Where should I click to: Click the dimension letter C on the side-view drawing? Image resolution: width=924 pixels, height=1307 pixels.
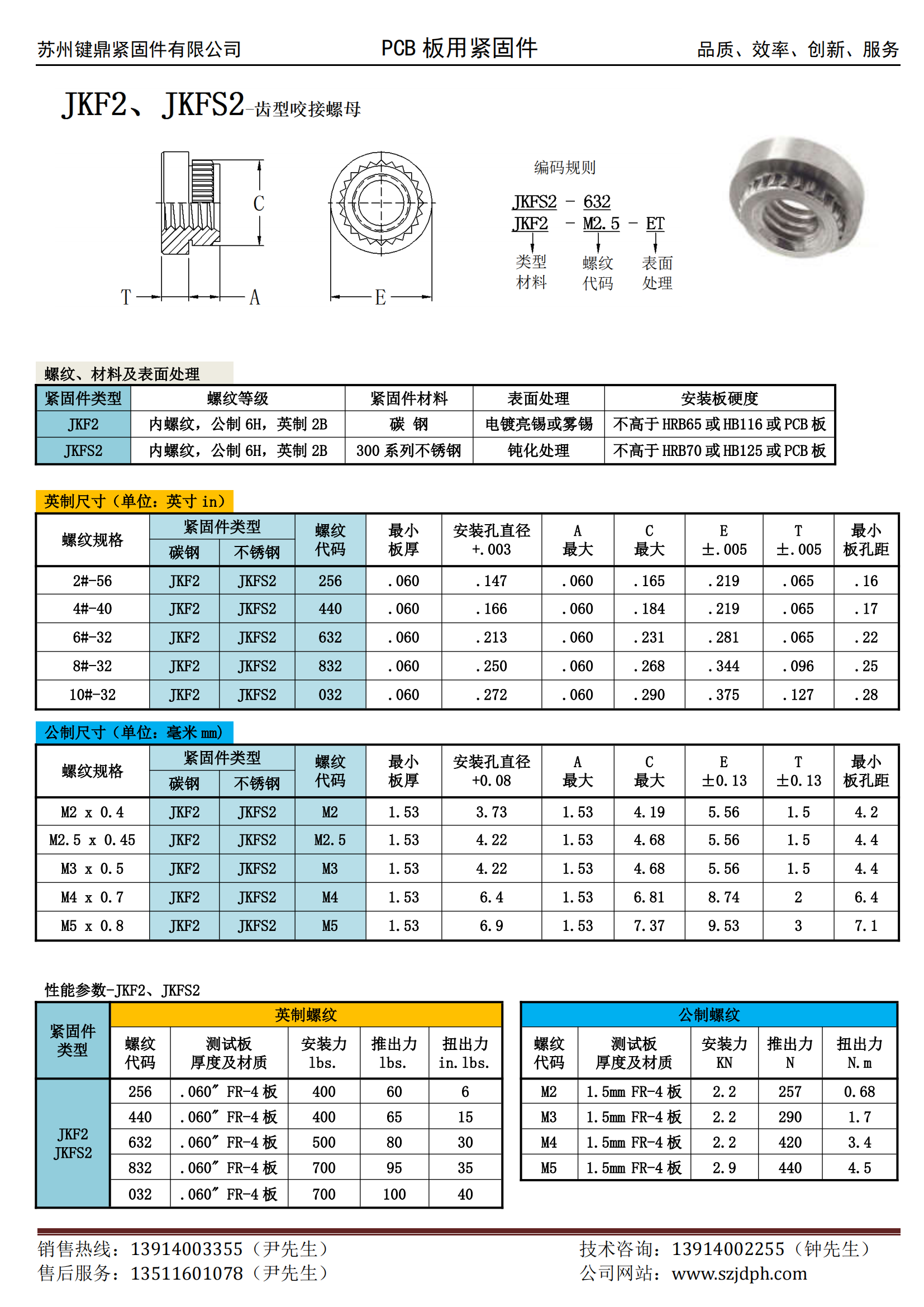[x=259, y=203]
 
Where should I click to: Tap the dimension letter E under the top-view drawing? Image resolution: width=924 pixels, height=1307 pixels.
[x=380, y=297]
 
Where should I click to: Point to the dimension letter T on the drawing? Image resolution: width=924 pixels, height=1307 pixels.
[x=126, y=297]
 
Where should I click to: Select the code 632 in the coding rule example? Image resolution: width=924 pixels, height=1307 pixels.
[x=596, y=202]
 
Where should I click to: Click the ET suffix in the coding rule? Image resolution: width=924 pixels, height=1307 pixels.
[x=655, y=224]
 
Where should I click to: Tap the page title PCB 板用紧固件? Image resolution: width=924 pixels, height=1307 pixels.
[x=459, y=49]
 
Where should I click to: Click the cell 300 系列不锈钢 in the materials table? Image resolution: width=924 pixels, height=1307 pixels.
[x=408, y=451]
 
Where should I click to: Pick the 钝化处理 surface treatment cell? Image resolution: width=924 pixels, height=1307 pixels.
[x=538, y=451]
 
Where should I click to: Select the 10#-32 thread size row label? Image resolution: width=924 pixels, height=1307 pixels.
[x=92, y=695]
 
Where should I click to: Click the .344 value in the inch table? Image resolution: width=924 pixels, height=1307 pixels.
[x=723, y=666]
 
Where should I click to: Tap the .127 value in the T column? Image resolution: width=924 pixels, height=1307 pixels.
[x=798, y=695]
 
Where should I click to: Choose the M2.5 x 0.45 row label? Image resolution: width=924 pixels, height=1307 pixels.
[x=92, y=840]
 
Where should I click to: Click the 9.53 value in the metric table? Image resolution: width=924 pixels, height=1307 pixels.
[x=723, y=926]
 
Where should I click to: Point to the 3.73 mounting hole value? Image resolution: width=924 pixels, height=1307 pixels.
[x=491, y=812]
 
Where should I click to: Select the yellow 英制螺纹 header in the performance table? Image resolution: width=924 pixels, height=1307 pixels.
[x=306, y=1014]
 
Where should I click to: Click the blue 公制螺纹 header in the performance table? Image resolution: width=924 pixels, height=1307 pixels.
[x=709, y=1014]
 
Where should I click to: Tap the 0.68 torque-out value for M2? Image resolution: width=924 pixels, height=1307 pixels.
[x=859, y=1092]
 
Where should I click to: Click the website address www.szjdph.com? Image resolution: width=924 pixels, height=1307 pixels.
[x=739, y=1274]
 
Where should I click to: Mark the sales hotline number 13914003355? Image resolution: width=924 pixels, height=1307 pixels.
[x=187, y=1249]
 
